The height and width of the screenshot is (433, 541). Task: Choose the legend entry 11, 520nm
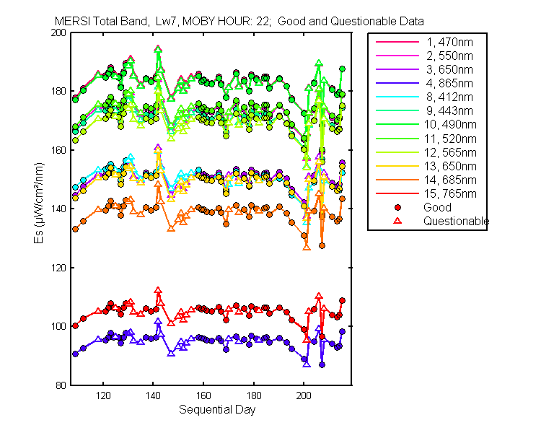tap(448, 139)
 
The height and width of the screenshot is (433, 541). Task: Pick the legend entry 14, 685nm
tap(448, 180)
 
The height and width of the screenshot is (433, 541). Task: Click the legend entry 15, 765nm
tap(448, 193)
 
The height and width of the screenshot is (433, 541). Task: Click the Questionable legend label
tap(456, 221)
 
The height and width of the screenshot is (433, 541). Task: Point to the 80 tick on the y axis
tap(63, 385)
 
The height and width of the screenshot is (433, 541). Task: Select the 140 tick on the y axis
tap(61, 209)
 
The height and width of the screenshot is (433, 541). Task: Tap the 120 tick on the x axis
tap(104, 396)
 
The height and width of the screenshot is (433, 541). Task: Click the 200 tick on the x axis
tap(304, 396)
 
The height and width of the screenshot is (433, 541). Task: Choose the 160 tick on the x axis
tap(204, 396)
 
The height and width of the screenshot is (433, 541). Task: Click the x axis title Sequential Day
tap(214, 410)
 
